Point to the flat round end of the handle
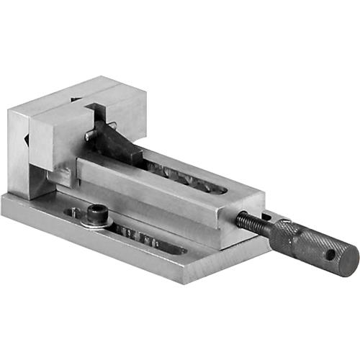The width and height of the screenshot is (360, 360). pyautogui.click(x=349, y=256)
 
